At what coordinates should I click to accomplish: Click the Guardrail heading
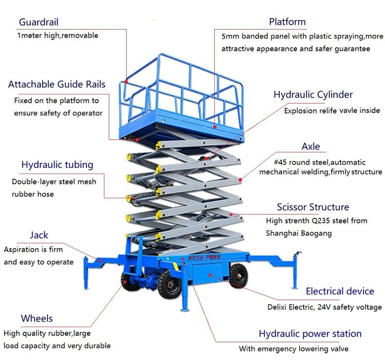(x=39, y=22)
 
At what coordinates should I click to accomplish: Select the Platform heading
(x=287, y=22)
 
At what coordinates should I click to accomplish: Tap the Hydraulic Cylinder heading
(x=313, y=94)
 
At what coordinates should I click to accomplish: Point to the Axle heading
(x=310, y=146)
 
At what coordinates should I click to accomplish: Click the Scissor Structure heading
(x=313, y=207)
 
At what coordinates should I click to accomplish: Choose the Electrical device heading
(x=340, y=291)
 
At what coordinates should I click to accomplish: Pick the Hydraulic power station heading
(x=310, y=334)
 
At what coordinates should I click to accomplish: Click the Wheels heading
(x=36, y=318)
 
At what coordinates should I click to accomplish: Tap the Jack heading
(x=39, y=235)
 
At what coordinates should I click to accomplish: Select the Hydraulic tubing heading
(x=57, y=165)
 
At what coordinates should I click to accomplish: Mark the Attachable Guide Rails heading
(x=57, y=84)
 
